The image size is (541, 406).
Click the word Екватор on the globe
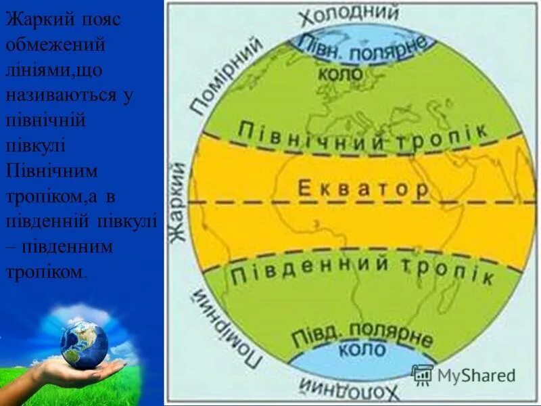pos(363,188)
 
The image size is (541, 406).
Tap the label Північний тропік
pos(363,135)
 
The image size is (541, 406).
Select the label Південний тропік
pos(362,269)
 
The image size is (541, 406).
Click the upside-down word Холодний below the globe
pos(348,390)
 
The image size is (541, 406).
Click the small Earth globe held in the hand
pos(84,344)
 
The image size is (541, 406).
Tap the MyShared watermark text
pos(476,375)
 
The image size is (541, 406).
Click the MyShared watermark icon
pos(422,375)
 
